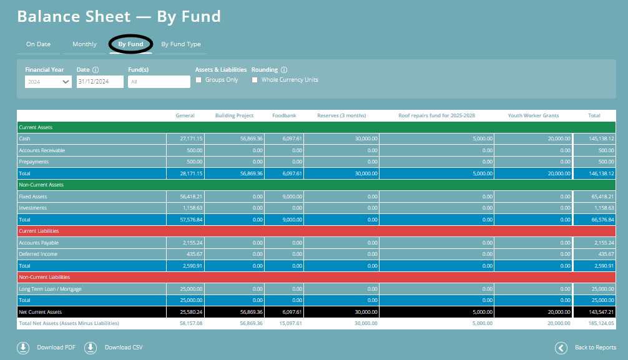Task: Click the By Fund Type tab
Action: (x=181, y=44)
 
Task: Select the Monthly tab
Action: (x=84, y=44)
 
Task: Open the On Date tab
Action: (x=38, y=44)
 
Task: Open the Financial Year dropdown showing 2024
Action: (x=48, y=82)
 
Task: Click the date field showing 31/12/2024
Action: (x=100, y=82)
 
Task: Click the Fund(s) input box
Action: (x=159, y=82)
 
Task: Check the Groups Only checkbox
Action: (x=199, y=80)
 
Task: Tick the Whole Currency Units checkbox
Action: (x=255, y=80)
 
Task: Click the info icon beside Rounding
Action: (x=284, y=70)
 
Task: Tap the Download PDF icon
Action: (x=23, y=348)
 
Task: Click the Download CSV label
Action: (x=124, y=348)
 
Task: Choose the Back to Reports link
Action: (x=595, y=348)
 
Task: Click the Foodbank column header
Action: (x=284, y=115)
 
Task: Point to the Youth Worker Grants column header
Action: (x=533, y=115)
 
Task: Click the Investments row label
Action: (x=33, y=208)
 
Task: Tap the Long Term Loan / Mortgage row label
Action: (x=51, y=289)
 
